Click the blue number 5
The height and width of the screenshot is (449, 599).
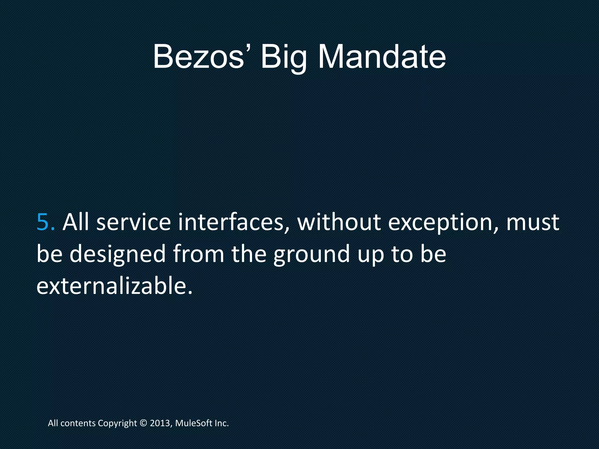[45, 222]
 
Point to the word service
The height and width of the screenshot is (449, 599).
[134, 222]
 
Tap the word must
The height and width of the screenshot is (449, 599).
[533, 222]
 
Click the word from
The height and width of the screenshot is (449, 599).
[199, 254]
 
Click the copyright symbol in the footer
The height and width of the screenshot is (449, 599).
[143, 423]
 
